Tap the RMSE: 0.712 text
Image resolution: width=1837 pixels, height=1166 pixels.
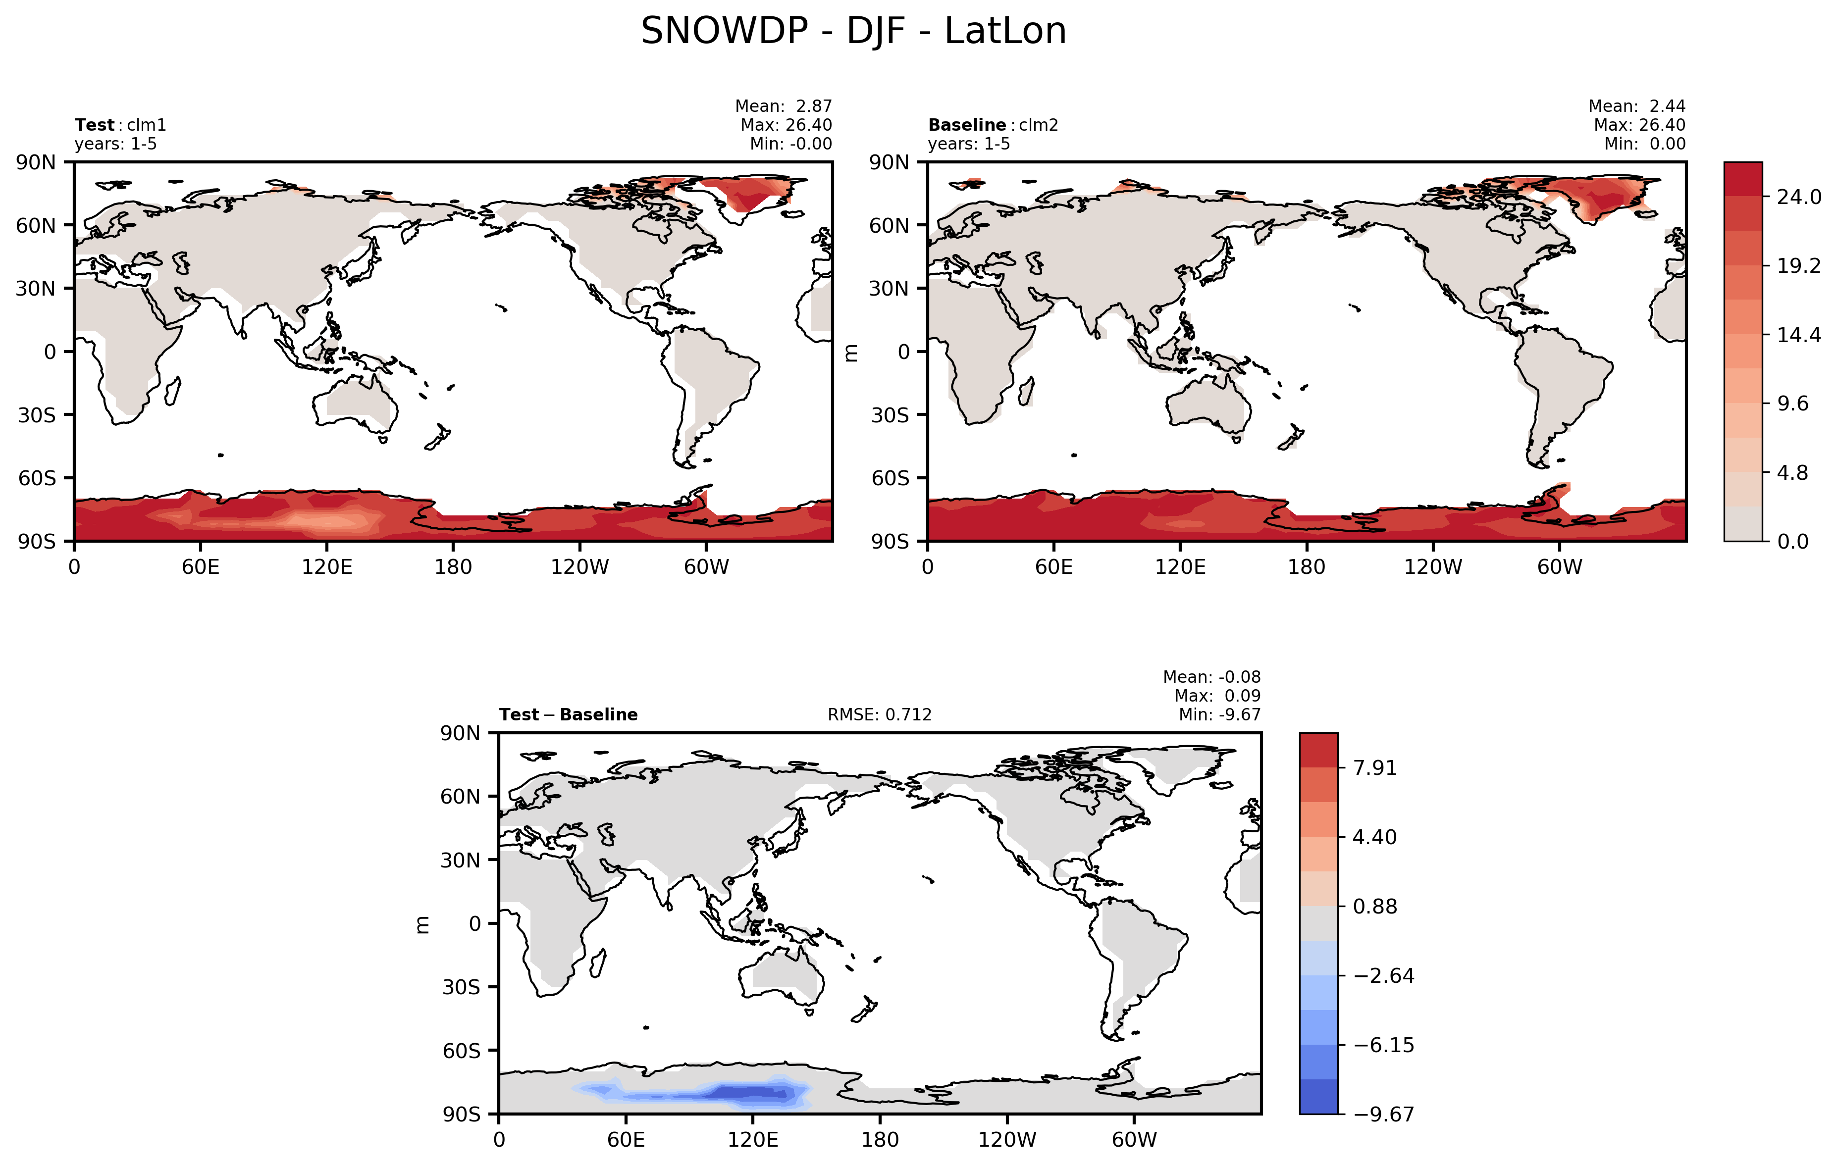tap(880, 715)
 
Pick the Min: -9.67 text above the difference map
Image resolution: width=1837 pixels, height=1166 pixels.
tap(1219, 715)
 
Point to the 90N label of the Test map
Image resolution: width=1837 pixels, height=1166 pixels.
tap(36, 162)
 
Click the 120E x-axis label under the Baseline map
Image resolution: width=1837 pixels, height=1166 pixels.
tap(1180, 567)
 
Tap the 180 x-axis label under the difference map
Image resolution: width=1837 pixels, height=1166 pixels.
tap(880, 1140)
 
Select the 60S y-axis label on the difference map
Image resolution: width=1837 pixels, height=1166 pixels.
tap(461, 1051)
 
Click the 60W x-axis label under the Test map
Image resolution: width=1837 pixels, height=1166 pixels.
tap(706, 567)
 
